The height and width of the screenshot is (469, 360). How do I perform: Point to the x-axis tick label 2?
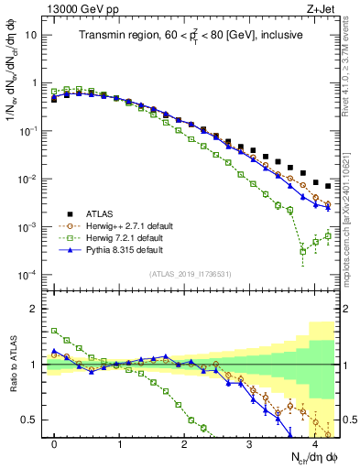(184, 442)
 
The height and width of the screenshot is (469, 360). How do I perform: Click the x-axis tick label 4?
(314, 442)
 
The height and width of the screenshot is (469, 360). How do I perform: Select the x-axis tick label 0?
(54, 442)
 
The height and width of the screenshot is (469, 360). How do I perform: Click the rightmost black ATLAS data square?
(328, 186)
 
